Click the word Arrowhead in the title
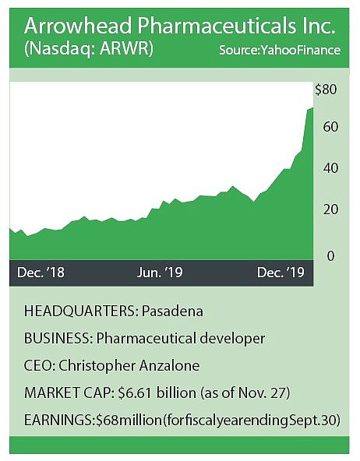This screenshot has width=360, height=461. [x=78, y=26]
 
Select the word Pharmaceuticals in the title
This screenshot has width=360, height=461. [x=217, y=26]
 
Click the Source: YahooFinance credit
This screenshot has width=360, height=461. [x=280, y=51]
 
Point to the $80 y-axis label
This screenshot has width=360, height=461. [x=326, y=90]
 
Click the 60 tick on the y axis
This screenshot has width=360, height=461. [x=330, y=127]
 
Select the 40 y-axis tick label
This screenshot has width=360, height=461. [x=330, y=168]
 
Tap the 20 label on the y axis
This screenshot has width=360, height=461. [x=330, y=209]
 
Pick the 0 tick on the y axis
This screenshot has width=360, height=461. [x=331, y=255]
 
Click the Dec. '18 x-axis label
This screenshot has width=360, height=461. [x=41, y=273]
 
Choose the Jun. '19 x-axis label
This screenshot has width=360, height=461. [x=160, y=273]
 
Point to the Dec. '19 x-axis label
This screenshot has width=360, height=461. [x=281, y=273]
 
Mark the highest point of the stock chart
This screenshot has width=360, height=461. [x=312, y=108]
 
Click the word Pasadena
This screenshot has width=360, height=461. [x=172, y=311]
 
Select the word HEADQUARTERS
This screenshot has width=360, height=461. [x=80, y=311]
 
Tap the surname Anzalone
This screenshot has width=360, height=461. [x=169, y=366]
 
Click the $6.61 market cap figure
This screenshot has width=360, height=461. [x=135, y=392]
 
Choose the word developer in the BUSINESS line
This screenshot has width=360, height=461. [x=232, y=339]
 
